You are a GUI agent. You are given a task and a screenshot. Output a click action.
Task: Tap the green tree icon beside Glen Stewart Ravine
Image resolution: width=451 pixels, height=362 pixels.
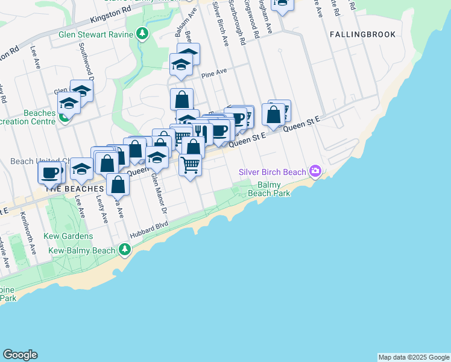(142, 34)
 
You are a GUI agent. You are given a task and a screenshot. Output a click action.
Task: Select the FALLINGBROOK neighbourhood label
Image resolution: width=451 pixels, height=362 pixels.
(363, 34)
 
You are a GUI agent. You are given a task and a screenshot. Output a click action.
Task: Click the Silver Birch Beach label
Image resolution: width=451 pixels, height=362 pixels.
(273, 172)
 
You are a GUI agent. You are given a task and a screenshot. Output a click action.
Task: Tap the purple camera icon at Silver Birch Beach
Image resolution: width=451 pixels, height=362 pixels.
(315, 172)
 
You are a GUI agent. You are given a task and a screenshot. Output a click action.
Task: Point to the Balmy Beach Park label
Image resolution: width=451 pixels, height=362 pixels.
(265, 189)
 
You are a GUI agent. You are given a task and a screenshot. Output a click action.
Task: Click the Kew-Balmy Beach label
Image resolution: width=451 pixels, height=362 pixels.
(82, 250)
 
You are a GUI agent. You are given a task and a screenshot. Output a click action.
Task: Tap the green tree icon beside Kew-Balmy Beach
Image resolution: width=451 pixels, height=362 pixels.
(124, 249)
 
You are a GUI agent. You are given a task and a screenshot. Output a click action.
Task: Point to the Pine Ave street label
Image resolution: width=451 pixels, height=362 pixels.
(214, 72)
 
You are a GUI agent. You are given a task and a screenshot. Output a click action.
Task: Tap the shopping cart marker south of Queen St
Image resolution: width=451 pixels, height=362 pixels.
(190, 164)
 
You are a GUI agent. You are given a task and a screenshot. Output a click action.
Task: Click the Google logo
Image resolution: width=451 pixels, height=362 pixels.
(20, 355)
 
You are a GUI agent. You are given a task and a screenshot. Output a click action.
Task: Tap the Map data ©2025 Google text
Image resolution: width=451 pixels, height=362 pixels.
(413, 357)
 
